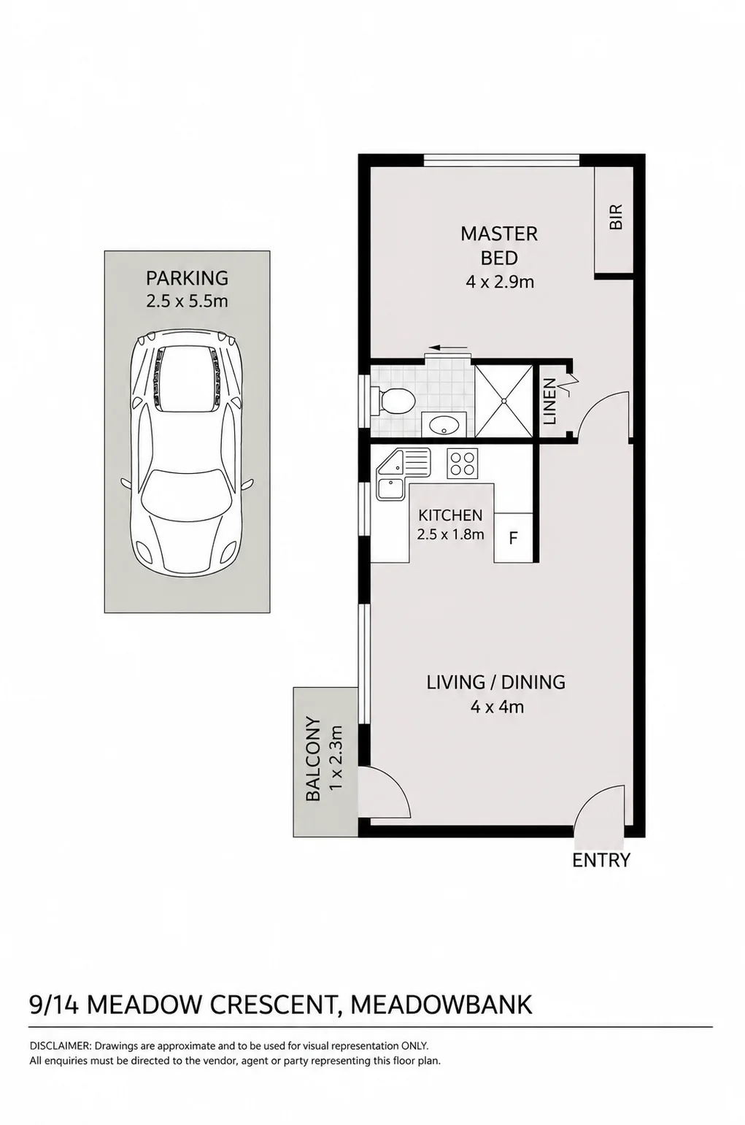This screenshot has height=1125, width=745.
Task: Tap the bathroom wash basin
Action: [444, 425]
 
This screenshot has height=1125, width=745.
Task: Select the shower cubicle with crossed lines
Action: [503, 401]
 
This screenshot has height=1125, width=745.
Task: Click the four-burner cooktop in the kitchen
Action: [463, 463]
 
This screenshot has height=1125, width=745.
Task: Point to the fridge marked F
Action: [513, 538]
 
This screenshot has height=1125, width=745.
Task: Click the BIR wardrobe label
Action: [615, 217]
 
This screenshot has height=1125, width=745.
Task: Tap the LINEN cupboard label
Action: [551, 402]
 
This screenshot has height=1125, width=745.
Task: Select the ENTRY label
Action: [601, 860]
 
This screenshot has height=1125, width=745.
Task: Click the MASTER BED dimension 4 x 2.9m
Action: [500, 282]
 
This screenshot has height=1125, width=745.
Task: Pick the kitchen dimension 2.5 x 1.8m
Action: [450, 534]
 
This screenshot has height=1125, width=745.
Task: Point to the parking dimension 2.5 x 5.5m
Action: [187, 302]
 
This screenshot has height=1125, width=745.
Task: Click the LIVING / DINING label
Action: [496, 682]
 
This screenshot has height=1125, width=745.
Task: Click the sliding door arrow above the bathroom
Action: [449, 347]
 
